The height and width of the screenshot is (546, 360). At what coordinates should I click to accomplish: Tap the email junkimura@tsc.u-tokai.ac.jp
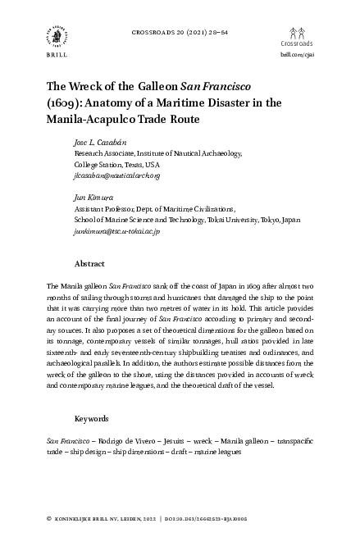click(116, 232)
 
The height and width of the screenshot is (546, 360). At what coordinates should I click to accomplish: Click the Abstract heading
click(89, 265)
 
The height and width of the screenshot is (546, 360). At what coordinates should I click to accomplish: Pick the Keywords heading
click(91, 419)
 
